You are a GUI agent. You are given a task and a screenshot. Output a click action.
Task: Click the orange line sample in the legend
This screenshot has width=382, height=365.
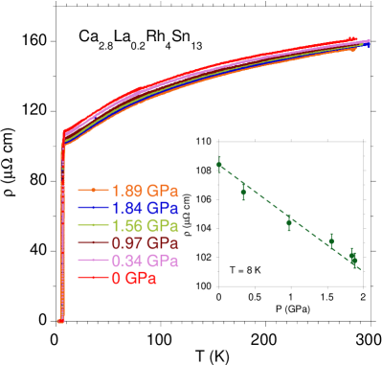pyautogui.click(x=93, y=191)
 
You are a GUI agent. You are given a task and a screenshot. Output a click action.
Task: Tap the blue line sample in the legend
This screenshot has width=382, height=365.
pyautogui.click(x=93, y=208)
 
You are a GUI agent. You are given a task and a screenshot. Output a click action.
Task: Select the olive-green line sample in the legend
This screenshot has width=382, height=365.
pyautogui.click(x=93, y=225)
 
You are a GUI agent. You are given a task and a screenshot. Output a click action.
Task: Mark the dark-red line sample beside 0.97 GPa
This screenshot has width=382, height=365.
pyautogui.click(x=93, y=243)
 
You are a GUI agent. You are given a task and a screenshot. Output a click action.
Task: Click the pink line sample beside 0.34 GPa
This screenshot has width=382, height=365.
pyautogui.click(x=93, y=261)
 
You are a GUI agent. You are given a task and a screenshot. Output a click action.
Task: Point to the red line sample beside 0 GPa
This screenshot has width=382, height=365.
pyautogui.click(x=93, y=278)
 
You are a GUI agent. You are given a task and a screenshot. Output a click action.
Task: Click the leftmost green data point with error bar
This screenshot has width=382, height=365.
pyautogui.click(x=220, y=165)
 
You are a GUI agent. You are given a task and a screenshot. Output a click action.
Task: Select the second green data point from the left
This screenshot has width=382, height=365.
pyautogui.click(x=243, y=192)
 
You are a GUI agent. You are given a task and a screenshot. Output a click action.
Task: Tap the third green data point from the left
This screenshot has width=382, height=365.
pyautogui.click(x=289, y=221)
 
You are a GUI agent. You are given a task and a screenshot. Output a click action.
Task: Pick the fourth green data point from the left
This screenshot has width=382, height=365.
pyautogui.click(x=331, y=241)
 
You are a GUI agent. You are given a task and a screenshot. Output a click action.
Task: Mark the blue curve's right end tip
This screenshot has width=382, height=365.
pyautogui.click(x=369, y=44)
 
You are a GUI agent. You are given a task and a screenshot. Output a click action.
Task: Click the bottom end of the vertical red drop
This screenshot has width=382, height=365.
pyautogui.click(x=61, y=321)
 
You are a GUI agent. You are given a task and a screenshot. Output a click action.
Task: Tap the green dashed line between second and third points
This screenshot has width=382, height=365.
pyautogui.click(x=266, y=206)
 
